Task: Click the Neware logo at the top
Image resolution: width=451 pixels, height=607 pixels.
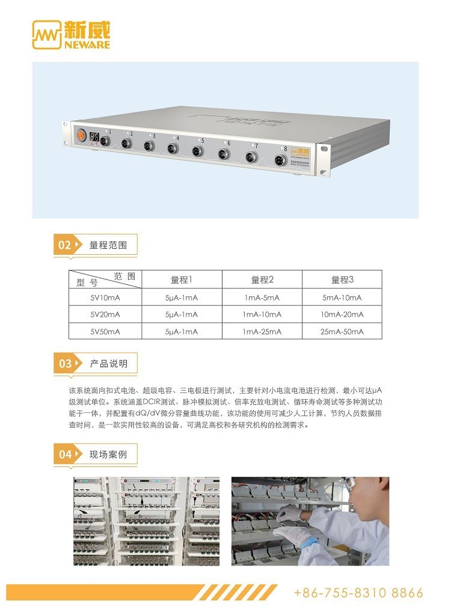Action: [x=72, y=35]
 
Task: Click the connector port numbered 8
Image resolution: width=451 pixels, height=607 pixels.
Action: [x=280, y=160]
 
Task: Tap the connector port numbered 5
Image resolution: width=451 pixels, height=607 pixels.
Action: [x=198, y=151]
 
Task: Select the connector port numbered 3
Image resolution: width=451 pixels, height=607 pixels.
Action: [x=149, y=146]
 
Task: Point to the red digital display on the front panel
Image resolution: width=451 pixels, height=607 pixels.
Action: [x=94, y=136]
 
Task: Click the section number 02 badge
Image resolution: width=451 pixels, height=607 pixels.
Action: [x=65, y=245]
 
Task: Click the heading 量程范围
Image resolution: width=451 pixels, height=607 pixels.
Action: [x=108, y=245]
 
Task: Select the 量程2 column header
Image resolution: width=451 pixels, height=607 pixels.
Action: [x=262, y=279]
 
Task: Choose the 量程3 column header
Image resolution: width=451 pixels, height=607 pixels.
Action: [x=342, y=279]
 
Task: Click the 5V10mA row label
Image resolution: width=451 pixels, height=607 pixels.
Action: [x=105, y=297]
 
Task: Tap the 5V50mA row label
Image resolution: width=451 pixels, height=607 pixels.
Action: [x=105, y=332]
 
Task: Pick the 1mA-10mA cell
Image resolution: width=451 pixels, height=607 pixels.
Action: [x=262, y=315]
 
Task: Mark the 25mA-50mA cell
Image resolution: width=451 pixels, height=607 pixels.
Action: [x=342, y=332]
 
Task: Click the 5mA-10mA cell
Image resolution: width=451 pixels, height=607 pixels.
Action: [x=342, y=297]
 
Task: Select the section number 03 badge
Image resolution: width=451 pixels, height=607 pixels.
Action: [x=65, y=364]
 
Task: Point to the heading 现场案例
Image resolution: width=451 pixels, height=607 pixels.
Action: [x=108, y=454]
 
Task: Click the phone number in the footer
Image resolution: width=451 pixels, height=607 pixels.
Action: [x=358, y=593]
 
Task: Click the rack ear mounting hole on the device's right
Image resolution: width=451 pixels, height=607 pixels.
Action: [x=324, y=148]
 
